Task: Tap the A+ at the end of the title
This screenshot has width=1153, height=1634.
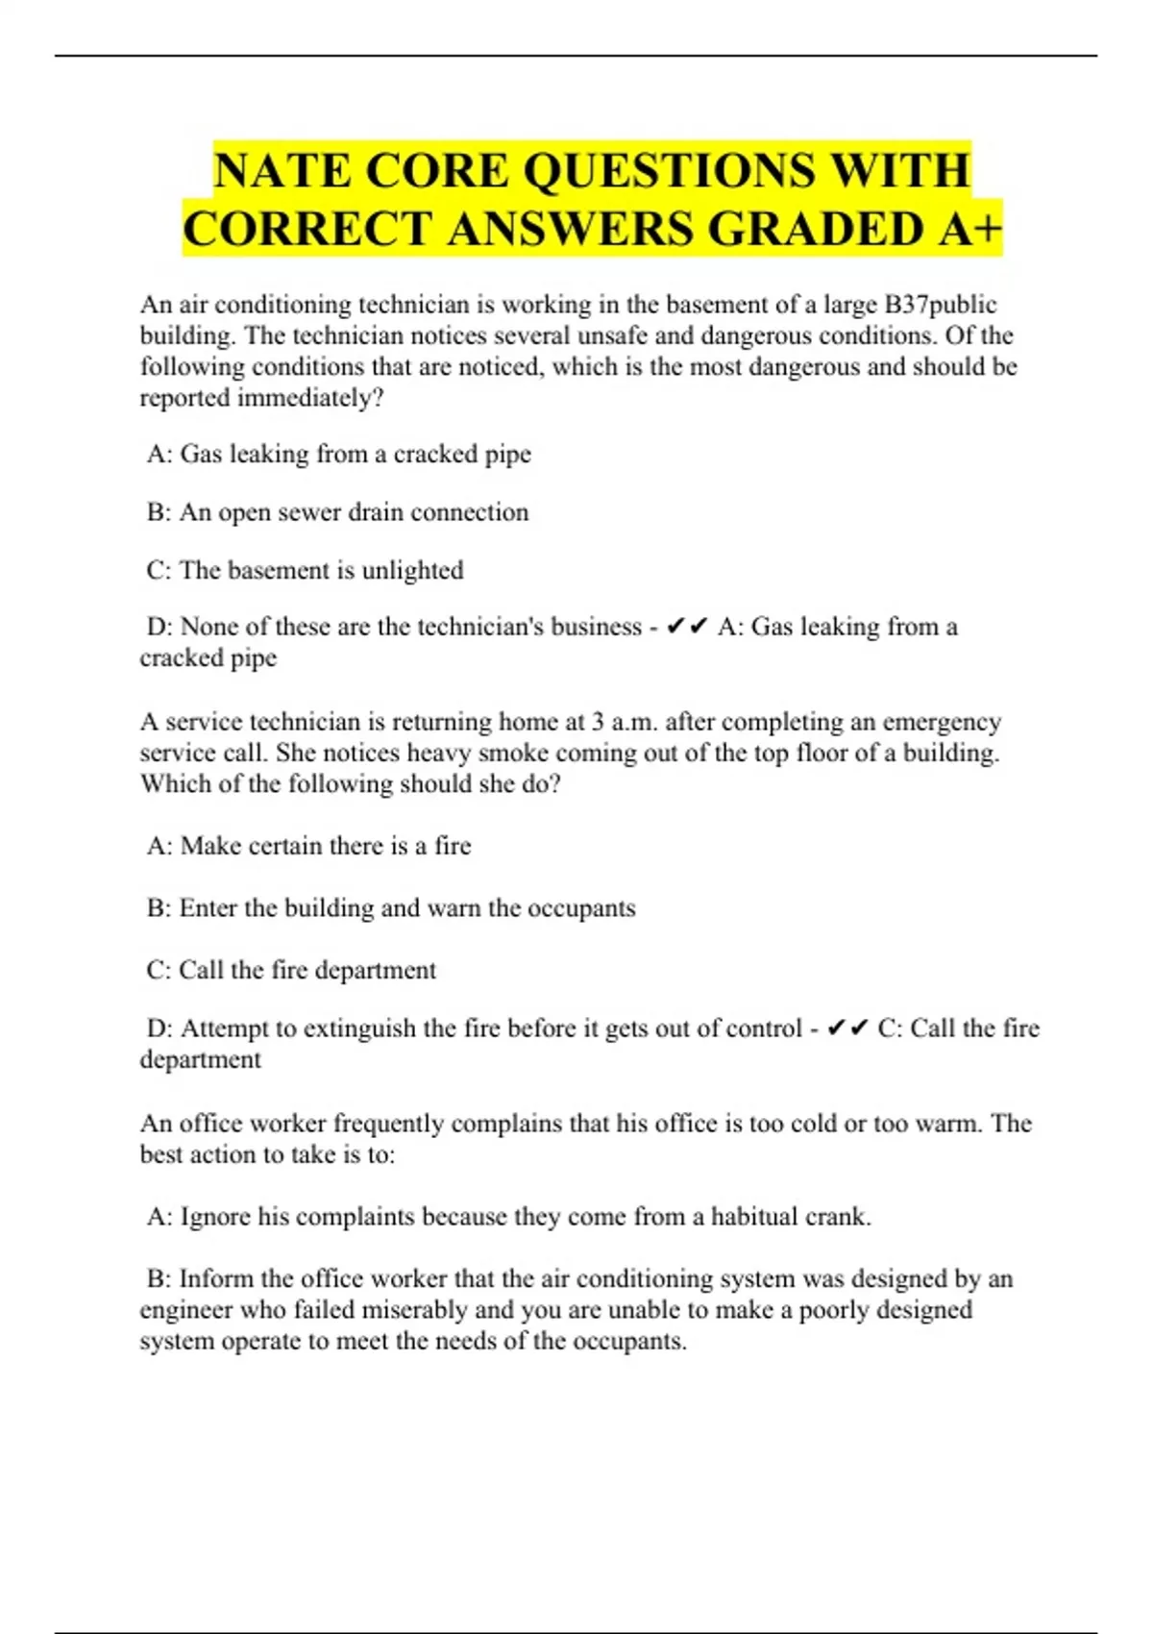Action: [x=966, y=229]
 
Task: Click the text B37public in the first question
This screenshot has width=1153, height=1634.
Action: [x=941, y=305]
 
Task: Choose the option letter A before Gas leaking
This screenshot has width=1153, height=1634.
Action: [x=158, y=454]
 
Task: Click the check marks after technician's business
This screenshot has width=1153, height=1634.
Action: [x=686, y=627]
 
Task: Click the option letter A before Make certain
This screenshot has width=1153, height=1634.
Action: [x=158, y=846]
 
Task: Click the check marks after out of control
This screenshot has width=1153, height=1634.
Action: [x=847, y=1028]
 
